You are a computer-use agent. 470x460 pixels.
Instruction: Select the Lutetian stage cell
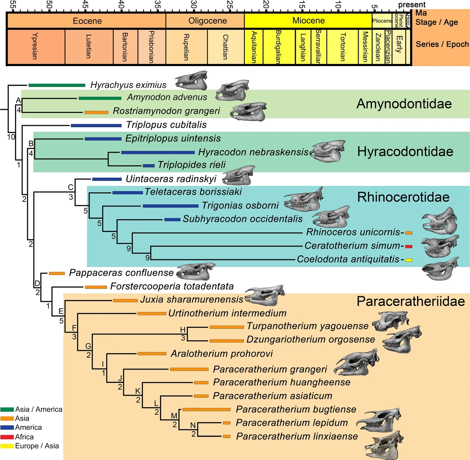coord(89,47)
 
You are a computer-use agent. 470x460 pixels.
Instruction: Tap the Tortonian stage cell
coord(342,47)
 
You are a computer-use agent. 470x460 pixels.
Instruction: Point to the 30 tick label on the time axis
coord(193,5)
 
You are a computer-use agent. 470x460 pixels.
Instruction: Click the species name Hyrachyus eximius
coord(128,85)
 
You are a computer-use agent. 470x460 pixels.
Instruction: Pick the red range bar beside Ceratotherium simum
coord(409,247)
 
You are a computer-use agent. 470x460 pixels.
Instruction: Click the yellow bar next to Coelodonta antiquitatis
coord(409,260)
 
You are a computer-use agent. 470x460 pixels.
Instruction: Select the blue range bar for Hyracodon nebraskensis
coord(158,152)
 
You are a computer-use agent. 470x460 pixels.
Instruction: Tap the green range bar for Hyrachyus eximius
coord(57,85)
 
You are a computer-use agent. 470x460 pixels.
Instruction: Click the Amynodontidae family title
coord(404,104)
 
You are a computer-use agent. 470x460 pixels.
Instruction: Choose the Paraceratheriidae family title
coord(411,301)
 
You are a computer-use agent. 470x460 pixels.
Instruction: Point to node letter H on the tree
coord(183,330)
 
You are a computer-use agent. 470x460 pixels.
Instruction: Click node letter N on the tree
coord(193,425)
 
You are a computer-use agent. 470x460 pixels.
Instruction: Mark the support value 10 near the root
coord(11,137)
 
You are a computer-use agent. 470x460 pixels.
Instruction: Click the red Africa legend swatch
coord(7,437)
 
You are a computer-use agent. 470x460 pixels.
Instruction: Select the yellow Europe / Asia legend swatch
coord(7,446)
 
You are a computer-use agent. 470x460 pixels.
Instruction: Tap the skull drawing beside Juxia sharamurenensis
coord(265,295)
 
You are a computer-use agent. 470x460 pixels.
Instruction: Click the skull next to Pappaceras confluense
coord(196,271)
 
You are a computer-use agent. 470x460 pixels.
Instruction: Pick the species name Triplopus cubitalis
coord(166,125)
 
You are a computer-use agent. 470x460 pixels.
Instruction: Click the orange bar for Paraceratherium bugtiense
coord(206,410)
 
